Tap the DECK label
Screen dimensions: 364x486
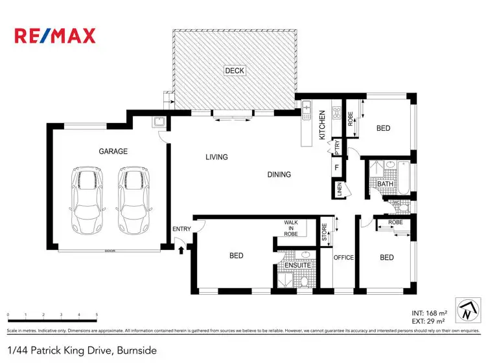click(x=235, y=71)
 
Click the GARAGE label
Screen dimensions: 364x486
click(x=113, y=151)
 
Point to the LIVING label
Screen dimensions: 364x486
click(x=216, y=157)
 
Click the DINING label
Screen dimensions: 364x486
click(x=279, y=174)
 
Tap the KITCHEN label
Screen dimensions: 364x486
click(x=322, y=125)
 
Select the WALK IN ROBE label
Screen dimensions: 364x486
click(x=291, y=228)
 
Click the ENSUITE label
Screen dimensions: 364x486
click(x=298, y=266)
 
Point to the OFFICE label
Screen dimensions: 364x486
click(x=343, y=258)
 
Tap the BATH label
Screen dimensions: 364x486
click(x=386, y=185)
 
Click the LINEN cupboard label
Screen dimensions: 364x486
click(x=339, y=189)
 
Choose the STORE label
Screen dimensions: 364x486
click(x=325, y=233)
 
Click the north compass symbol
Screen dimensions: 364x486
click(x=467, y=309)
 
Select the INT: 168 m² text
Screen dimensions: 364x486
click(x=429, y=312)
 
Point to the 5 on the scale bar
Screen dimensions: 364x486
click(x=97, y=315)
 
